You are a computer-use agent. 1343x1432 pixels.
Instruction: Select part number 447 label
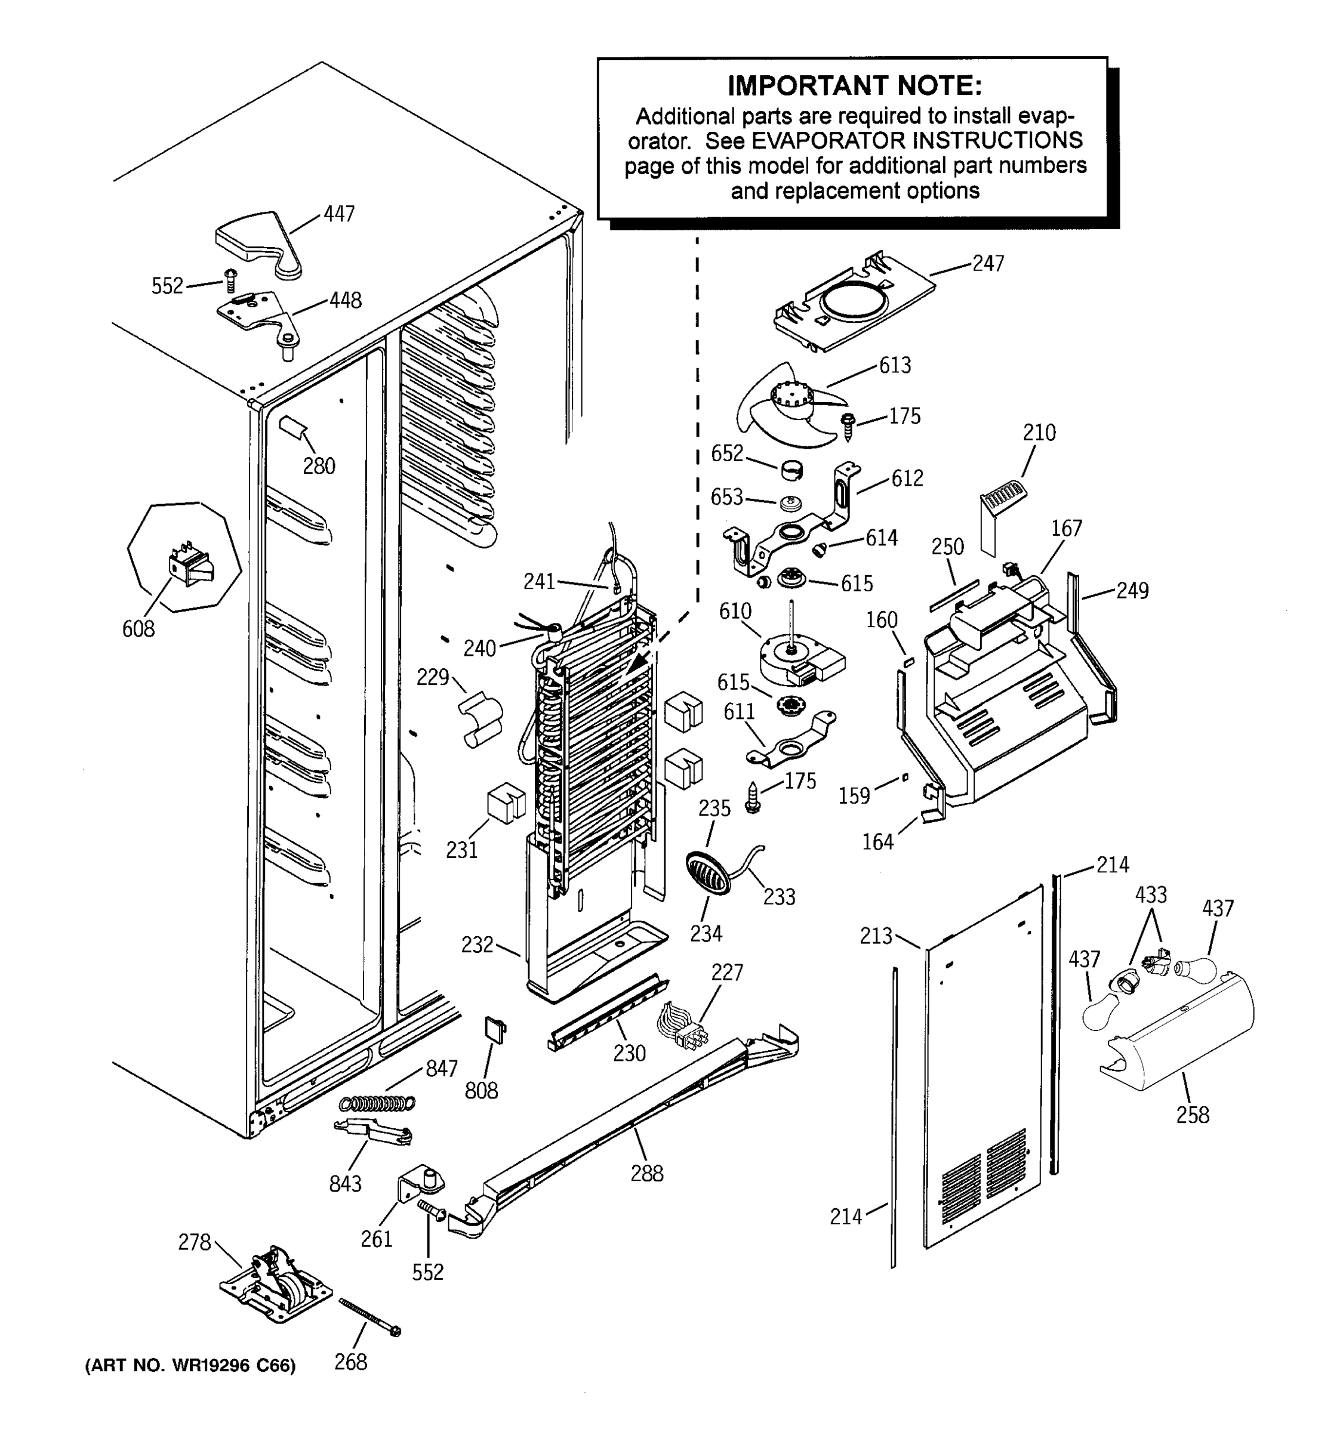(x=338, y=214)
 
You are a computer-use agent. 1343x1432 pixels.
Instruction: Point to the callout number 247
(x=988, y=264)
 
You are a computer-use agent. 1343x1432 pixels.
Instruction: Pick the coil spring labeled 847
(x=377, y=1103)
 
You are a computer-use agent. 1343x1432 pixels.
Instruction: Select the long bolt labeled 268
(x=369, y=1316)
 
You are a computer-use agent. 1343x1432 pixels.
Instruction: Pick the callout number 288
(x=646, y=1174)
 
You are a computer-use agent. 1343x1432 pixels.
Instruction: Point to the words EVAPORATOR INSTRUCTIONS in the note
(x=916, y=140)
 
